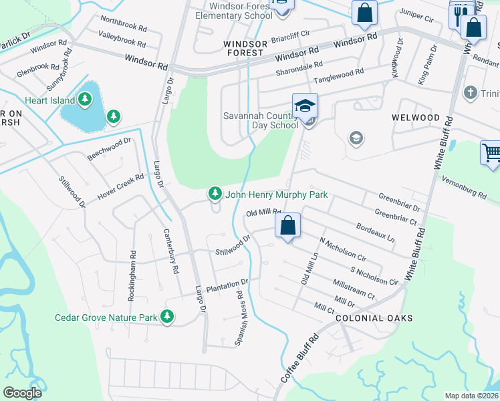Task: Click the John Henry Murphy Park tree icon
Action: tap(215, 194)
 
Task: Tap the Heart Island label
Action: tap(49, 100)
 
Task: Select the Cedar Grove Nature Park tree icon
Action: tap(166, 316)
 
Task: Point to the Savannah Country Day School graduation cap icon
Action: tap(305, 106)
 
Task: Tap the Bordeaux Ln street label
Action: tap(375, 233)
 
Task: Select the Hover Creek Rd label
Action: tap(120, 187)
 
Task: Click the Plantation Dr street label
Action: tap(227, 286)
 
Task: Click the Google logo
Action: tap(22, 393)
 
